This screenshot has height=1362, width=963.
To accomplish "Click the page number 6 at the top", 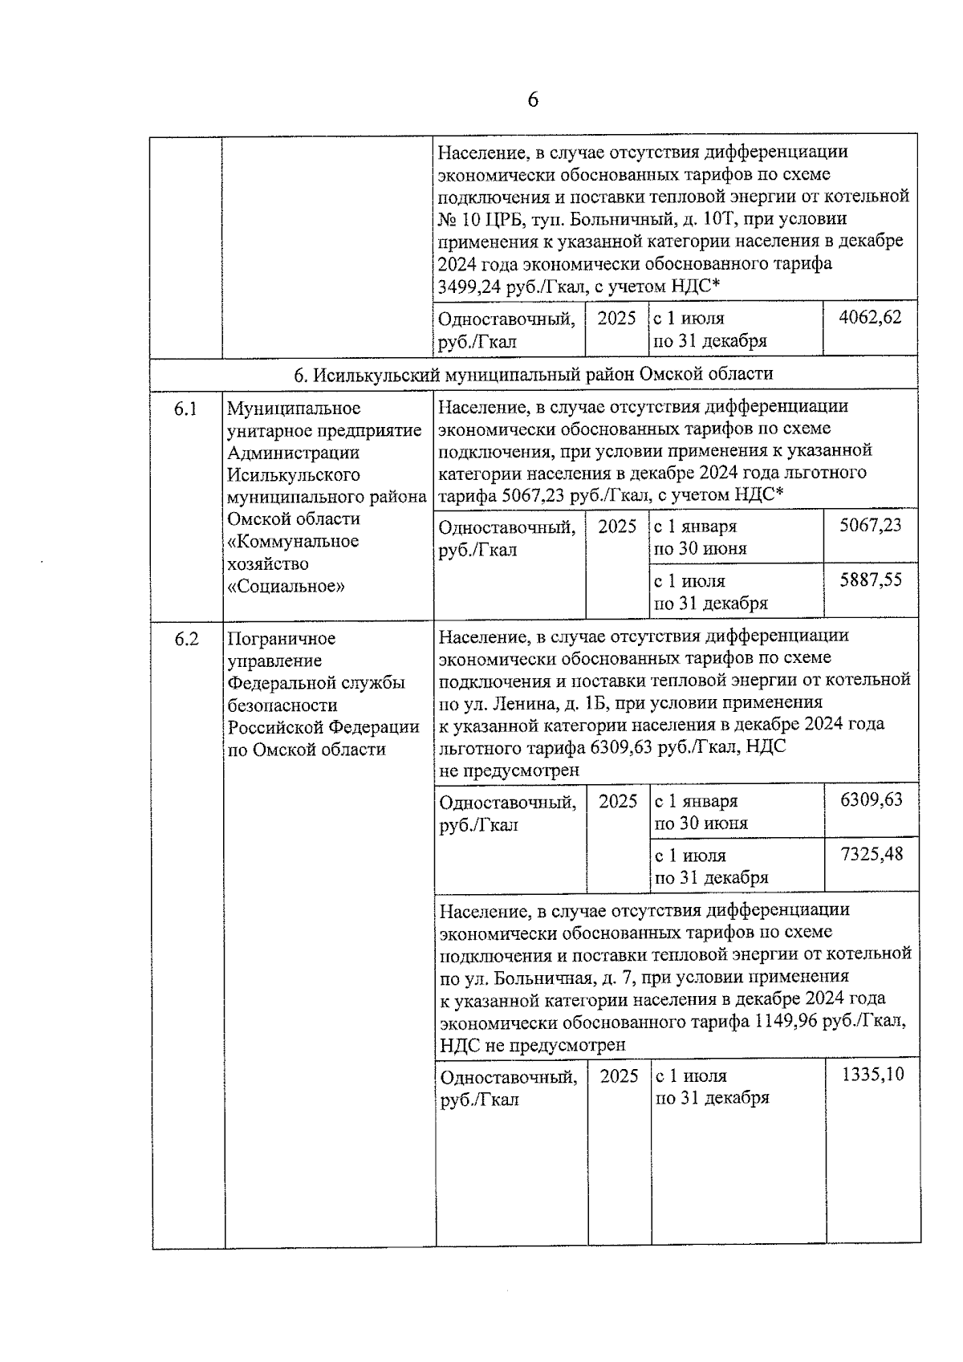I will point(533,100).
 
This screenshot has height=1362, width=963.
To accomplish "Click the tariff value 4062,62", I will point(870,317).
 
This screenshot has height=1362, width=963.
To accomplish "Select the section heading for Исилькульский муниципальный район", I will point(533,374).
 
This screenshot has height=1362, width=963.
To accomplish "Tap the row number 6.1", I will point(186,409).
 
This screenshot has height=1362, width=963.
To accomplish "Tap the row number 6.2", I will point(186,639).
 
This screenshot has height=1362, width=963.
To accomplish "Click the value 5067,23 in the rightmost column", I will point(870,526).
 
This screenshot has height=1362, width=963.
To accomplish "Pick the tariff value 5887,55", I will point(870,579).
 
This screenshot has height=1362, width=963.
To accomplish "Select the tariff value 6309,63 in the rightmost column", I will point(871,799).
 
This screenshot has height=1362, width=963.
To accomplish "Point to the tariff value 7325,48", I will point(871,854).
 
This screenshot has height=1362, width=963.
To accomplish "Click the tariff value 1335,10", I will point(872,1074).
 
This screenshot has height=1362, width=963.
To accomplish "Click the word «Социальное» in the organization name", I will point(286,587).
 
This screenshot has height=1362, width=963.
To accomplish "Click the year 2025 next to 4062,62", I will point(616,318).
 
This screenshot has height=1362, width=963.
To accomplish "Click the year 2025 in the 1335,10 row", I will point(619,1075).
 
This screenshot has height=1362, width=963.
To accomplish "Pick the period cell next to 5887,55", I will point(710,592).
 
